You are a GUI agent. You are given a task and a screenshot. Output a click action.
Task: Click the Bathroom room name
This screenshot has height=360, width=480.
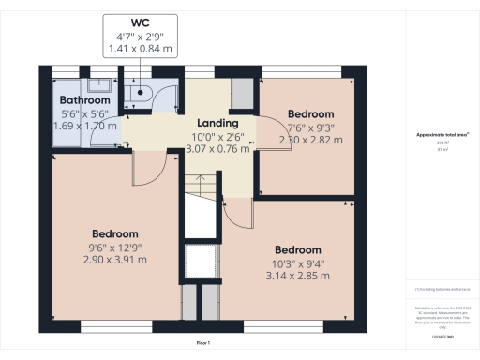[x=85, y=100]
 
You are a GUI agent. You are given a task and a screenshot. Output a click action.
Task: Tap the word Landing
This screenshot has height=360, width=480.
[x=217, y=123]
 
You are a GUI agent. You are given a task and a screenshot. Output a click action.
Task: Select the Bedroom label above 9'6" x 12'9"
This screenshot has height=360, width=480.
[x=115, y=233]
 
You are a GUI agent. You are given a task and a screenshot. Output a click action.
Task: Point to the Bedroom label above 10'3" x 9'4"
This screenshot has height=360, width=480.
[x=298, y=250]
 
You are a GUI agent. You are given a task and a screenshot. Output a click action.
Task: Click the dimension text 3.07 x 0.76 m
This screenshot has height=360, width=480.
[x=217, y=147]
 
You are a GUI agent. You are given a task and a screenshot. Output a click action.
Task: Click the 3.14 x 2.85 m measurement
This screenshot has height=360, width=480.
[x=298, y=276]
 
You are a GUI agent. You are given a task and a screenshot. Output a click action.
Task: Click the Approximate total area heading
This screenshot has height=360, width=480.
[x=442, y=135]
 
